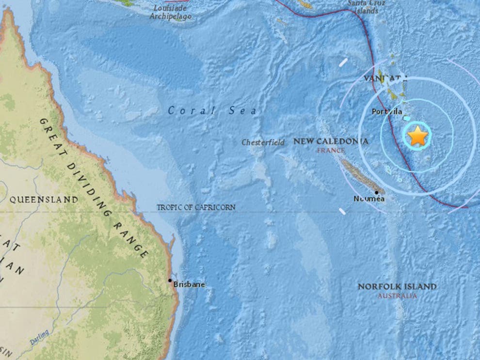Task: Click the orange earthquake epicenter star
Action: click(x=417, y=136)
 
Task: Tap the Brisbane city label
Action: click(x=189, y=285)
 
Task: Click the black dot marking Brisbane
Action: click(x=170, y=280)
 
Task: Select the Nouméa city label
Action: click(x=369, y=199)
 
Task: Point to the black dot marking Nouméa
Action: click(x=377, y=192)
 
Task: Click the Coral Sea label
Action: click(x=212, y=111)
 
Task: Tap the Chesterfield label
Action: click(x=263, y=142)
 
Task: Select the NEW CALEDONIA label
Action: click(x=331, y=141)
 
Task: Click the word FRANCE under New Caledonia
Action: click(x=330, y=151)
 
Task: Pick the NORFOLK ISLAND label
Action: click(x=397, y=287)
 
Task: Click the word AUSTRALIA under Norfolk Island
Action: click(x=397, y=296)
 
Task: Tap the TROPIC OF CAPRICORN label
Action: click(x=196, y=207)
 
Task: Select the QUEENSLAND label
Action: click(x=44, y=199)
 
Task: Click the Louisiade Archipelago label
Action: click(x=170, y=13)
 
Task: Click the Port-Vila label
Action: click(x=387, y=112)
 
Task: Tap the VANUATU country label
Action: click(x=383, y=78)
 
